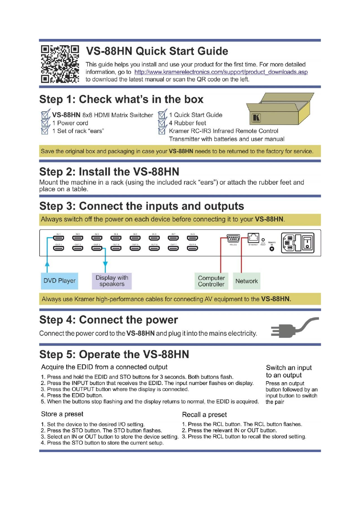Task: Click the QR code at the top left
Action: (60, 64)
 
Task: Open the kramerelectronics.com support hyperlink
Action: (221, 72)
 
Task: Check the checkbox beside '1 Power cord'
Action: (45, 123)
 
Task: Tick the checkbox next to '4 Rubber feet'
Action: (162, 123)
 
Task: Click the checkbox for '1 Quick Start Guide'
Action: (162, 115)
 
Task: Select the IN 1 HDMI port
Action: (59, 238)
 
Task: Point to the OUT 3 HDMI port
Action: (97, 248)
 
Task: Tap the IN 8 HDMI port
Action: (192, 238)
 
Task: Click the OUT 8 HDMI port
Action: (192, 248)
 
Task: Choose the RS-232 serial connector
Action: (233, 239)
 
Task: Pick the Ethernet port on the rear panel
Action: (253, 238)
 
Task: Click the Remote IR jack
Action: (272, 249)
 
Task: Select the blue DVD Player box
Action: (60, 281)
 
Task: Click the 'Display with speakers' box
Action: (112, 281)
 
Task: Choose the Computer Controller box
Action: (211, 281)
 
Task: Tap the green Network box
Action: (246, 281)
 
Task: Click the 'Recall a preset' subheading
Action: (205, 415)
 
